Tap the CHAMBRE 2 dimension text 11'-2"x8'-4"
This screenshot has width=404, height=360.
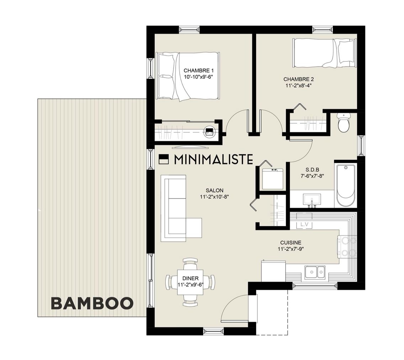tap(298, 85)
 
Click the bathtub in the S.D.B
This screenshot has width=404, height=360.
tap(345, 185)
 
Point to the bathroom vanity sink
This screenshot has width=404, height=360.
tap(312, 200)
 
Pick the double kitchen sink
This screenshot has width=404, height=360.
tap(315, 272)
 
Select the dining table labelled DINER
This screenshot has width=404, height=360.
tap(190, 281)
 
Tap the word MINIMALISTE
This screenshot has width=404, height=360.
tap(213, 159)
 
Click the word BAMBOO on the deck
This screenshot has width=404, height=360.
tap(92, 303)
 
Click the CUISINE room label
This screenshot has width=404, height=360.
tap(290, 243)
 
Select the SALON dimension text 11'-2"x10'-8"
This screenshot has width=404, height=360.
tap(214, 196)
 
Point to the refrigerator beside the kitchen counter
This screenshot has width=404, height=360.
tap(273, 271)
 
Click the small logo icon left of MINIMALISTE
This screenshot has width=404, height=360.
tap(163, 159)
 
